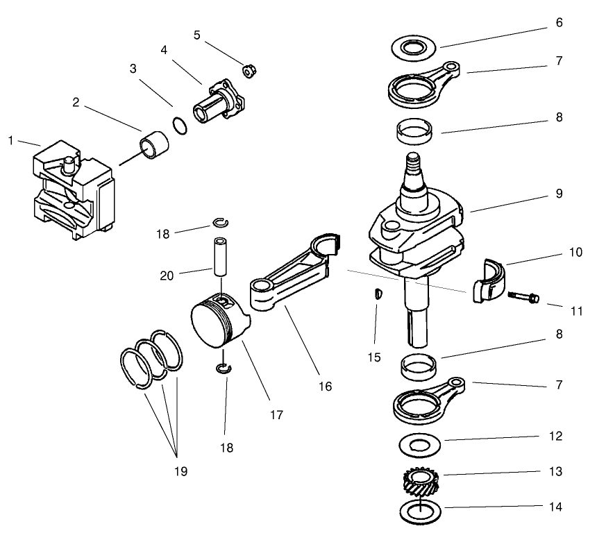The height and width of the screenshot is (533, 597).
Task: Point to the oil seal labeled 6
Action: [412, 48]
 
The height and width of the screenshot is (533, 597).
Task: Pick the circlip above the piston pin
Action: [219, 223]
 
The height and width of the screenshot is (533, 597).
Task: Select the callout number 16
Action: [326, 386]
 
